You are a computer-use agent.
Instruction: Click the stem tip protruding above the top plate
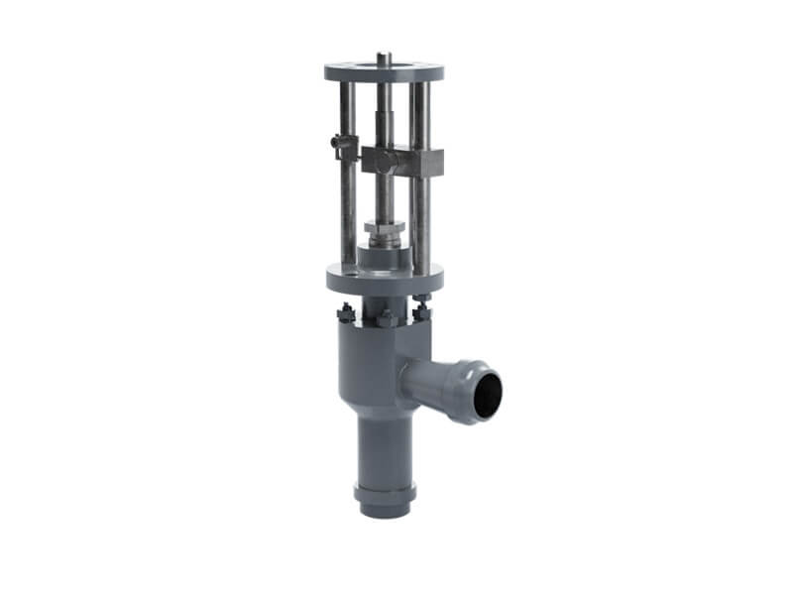(x=383, y=58)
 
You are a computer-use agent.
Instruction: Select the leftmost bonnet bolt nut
(x=346, y=316)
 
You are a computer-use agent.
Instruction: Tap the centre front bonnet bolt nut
(x=384, y=320)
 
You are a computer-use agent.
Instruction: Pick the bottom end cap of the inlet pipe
(x=383, y=503)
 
